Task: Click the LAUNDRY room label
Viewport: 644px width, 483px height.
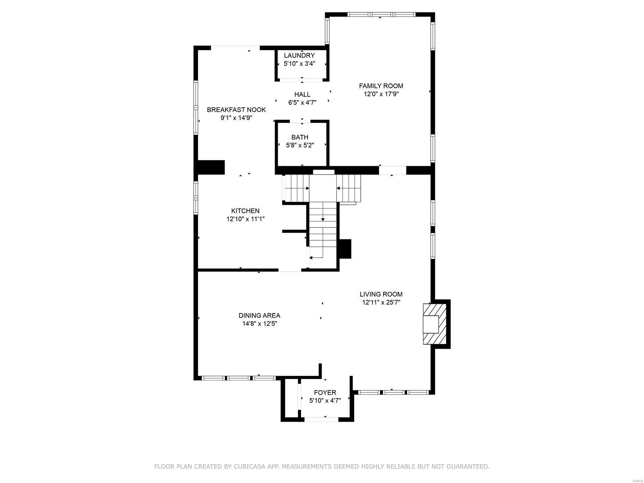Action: click(299, 55)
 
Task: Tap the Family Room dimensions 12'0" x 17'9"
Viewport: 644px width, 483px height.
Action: click(381, 94)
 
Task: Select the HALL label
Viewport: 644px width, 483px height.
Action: click(302, 94)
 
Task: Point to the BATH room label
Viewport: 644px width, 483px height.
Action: click(300, 137)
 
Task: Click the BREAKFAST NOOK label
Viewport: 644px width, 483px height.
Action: click(236, 109)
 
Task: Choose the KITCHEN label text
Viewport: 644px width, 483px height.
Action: click(245, 211)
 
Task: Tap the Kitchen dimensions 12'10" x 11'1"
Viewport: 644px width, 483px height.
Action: click(245, 219)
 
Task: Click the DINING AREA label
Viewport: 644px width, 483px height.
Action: click(259, 316)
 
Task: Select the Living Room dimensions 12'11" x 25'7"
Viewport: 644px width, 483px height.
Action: click(381, 302)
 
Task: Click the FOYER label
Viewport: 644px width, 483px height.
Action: click(325, 392)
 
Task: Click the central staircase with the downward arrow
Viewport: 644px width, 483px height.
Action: click(322, 229)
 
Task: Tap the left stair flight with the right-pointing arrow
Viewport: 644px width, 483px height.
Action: click(297, 188)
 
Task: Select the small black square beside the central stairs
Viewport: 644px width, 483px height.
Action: click(345, 248)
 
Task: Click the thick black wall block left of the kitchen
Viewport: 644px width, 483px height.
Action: click(211, 167)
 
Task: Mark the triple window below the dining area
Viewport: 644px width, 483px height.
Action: click(238, 378)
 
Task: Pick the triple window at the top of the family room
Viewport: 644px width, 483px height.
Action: click(381, 14)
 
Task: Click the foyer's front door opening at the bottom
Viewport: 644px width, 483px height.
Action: click(321, 419)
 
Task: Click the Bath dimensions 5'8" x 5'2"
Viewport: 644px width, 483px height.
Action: click(300, 145)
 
